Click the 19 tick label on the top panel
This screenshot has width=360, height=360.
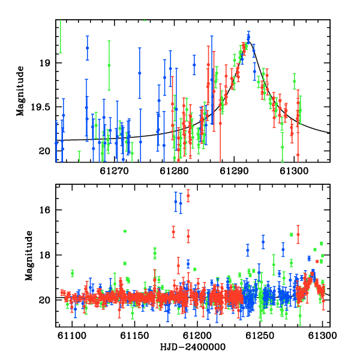(45, 63)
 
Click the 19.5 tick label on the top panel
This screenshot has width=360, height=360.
(40, 107)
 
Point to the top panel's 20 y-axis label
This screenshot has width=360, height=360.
(44, 151)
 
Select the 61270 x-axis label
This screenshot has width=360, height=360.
(114, 171)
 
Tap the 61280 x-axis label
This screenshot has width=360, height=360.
(174, 171)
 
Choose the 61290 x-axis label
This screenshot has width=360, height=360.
(234, 171)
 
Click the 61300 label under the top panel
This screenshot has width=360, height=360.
(294, 171)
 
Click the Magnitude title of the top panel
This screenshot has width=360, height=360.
(20, 91)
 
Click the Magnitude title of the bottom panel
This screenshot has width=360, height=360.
(29, 256)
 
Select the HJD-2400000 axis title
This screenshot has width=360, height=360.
(193, 347)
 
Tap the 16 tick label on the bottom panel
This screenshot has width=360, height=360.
(45, 210)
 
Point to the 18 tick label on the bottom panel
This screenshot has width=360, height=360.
(45, 255)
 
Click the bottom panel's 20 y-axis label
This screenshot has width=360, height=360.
(44, 300)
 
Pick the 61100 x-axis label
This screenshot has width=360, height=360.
(72, 335)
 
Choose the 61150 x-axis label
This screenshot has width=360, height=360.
(134, 335)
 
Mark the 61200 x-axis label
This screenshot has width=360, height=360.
(197, 335)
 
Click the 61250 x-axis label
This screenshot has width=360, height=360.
(260, 335)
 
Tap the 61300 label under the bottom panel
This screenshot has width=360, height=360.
(322, 335)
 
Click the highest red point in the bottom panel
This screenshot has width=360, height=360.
(188, 196)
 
